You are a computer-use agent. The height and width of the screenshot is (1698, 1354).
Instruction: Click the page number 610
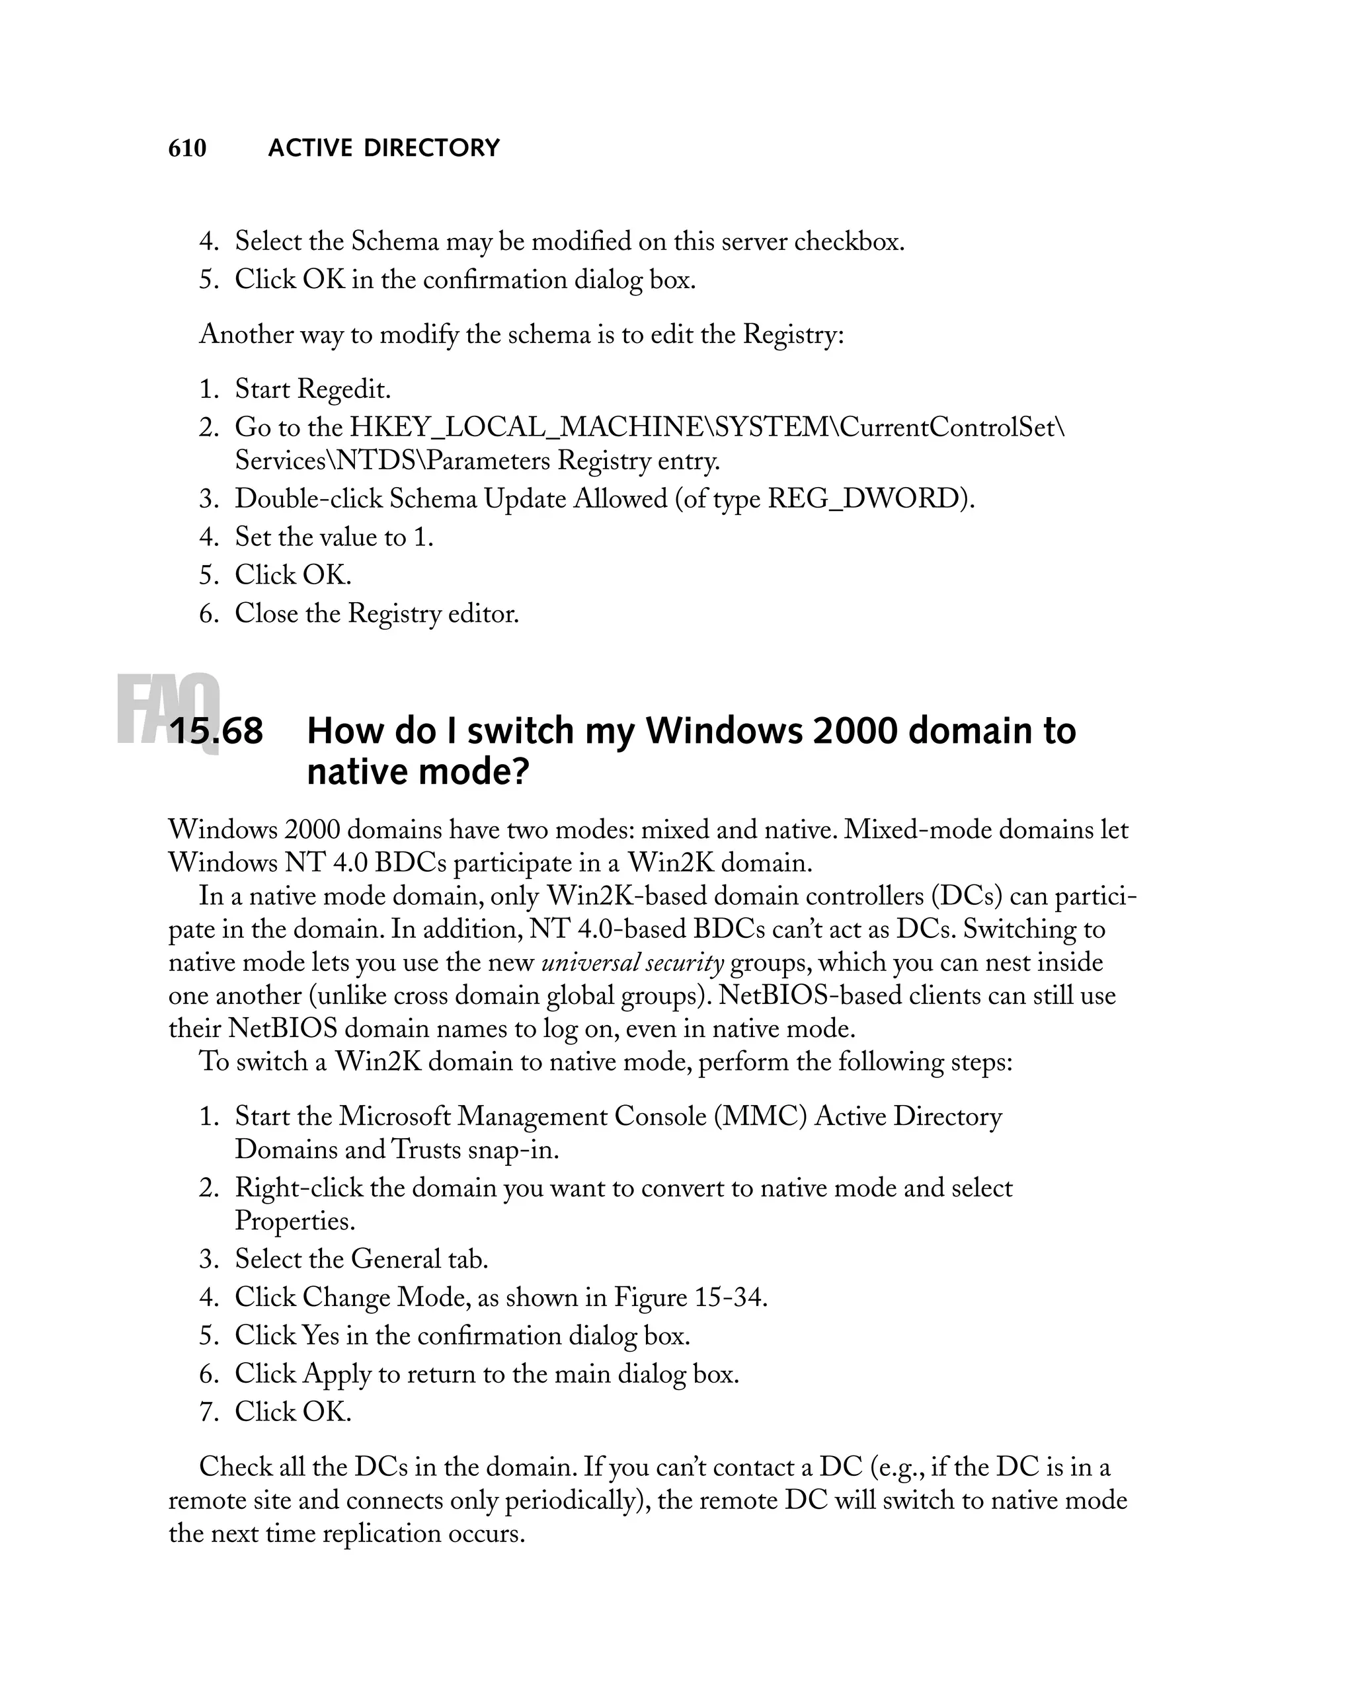188,148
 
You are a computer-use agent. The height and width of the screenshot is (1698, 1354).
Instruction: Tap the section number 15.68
216,731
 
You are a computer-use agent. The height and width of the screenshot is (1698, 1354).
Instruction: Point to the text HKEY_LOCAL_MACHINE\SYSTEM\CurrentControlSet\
707,428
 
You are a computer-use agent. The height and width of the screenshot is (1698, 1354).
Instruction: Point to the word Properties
295,1221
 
